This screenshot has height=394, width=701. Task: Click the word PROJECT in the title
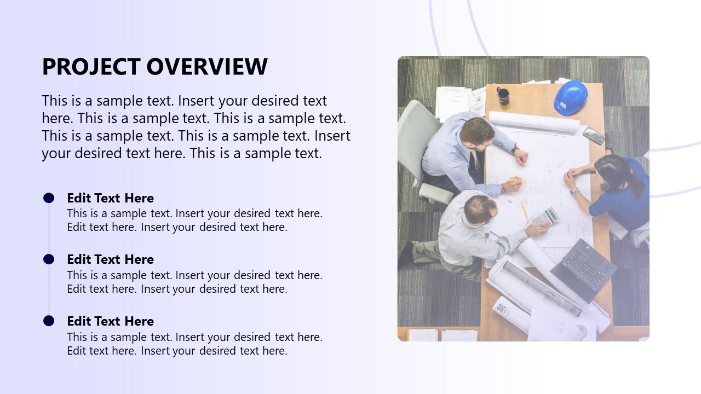(x=91, y=67)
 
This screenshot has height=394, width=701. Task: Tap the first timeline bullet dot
(x=49, y=198)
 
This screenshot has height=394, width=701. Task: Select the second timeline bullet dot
(x=49, y=259)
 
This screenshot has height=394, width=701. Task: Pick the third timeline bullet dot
(x=49, y=321)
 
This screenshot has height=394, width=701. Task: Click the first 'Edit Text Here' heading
(x=110, y=198)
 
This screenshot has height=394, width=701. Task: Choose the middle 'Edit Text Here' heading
(x=110, y=259)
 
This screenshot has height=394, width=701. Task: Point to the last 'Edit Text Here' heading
(x=110, y=321)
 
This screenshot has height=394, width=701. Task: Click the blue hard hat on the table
(x=571, y=97)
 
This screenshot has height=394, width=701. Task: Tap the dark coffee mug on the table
(x=503, y=96)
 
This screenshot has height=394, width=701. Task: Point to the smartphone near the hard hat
(x=594, y=135)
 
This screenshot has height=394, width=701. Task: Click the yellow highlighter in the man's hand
(x=515, y=180)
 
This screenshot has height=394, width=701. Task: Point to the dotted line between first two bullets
(x=49, y=229)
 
